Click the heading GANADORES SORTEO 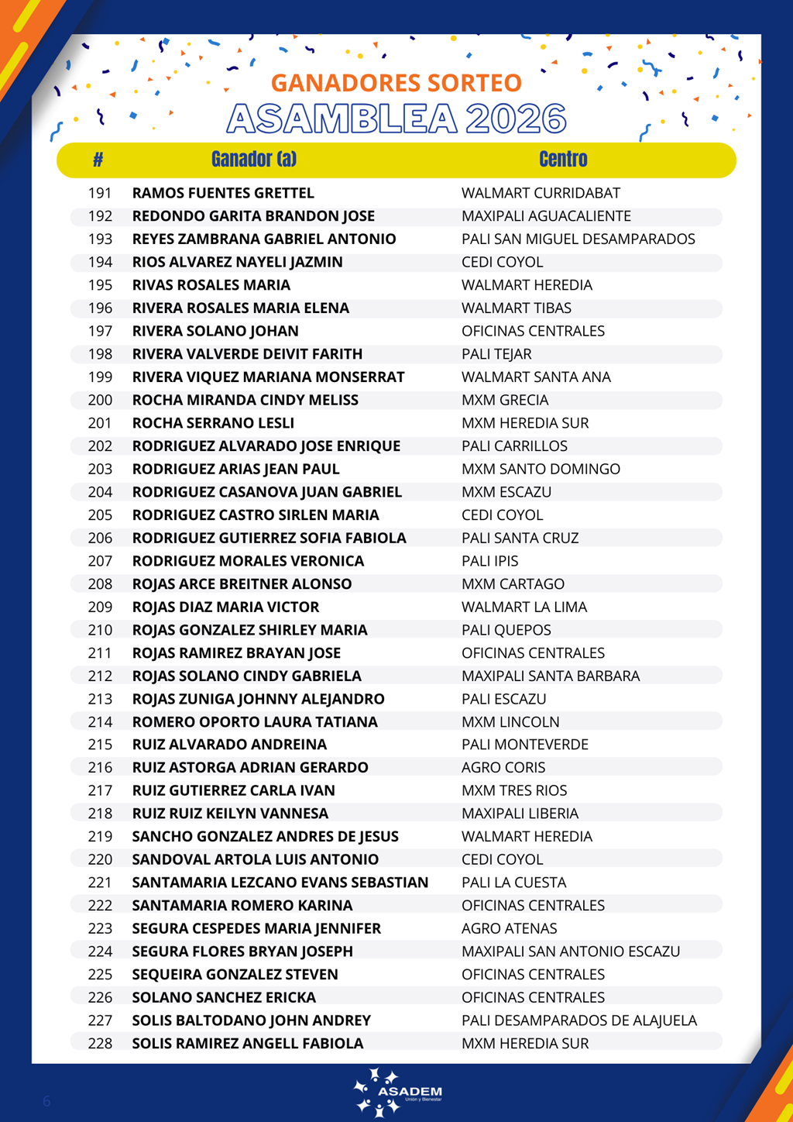[396, 83]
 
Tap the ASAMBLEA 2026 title [396, 119]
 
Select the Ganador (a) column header [253, 160]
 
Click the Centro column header [563, 160]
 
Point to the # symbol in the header [98, 160]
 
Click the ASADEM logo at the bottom [396, 1093]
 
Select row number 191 [100, 193]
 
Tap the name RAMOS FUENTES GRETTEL [223, 193]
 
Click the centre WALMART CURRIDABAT [541, 193]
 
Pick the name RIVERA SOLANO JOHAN [215, 331]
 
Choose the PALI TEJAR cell [496, 354]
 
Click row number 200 [100, 400]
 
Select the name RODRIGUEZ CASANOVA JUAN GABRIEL [267, 492]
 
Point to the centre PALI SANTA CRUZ [520, 538]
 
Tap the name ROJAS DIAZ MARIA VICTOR [225, 607]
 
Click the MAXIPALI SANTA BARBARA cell [551, 676]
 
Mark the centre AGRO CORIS [503, 767]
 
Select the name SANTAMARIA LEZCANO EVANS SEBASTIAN [280, 883]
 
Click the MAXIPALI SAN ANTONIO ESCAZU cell [571, 952]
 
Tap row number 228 [100, 1043]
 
